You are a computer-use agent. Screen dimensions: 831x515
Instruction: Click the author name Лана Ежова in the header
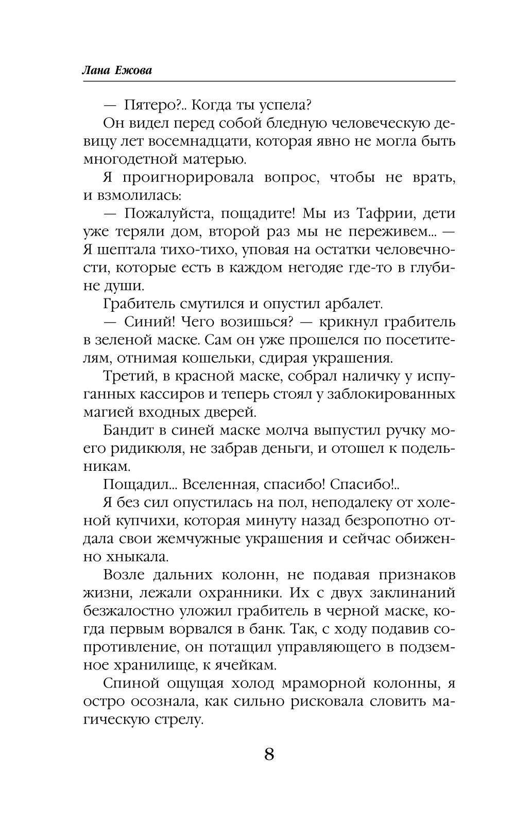coord(117,71)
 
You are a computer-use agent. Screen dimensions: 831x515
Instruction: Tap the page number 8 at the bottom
coord(269,755)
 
